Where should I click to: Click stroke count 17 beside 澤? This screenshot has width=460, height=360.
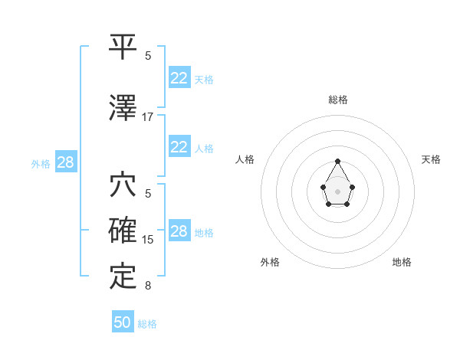(148, 117)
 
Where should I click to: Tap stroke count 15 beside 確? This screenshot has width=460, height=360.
(148, 240)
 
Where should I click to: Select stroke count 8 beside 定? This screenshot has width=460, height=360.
(148, 286)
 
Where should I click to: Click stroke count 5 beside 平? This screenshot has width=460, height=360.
(148, 56)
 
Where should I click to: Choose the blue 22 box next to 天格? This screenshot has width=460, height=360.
(179, 78)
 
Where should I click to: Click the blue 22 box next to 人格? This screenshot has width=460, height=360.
(179, 147)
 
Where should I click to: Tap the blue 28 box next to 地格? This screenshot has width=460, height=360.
(179, 231)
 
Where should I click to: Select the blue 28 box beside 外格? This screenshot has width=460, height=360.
(65, 163)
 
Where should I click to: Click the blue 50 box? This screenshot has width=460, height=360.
(123, 322)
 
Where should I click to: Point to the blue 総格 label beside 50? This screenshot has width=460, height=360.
(147, 324)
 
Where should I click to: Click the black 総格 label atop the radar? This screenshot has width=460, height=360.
(337, 100)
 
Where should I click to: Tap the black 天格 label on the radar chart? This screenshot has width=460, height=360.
(432, 159)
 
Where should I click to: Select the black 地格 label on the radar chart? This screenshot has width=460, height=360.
(402, 262)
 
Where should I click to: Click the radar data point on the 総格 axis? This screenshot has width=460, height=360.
(337, 162)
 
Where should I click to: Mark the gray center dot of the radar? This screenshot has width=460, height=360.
(337, 190)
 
